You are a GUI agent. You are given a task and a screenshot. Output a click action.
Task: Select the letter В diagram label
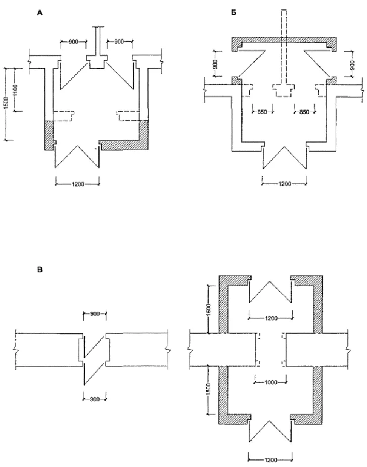(x=40, y=270)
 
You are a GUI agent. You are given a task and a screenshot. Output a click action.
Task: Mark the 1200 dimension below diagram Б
(x=284, y=184)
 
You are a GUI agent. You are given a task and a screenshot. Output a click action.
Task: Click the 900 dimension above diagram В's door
(x=94, y=314)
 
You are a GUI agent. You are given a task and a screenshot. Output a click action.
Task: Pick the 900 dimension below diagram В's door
(x=94, y=399)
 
